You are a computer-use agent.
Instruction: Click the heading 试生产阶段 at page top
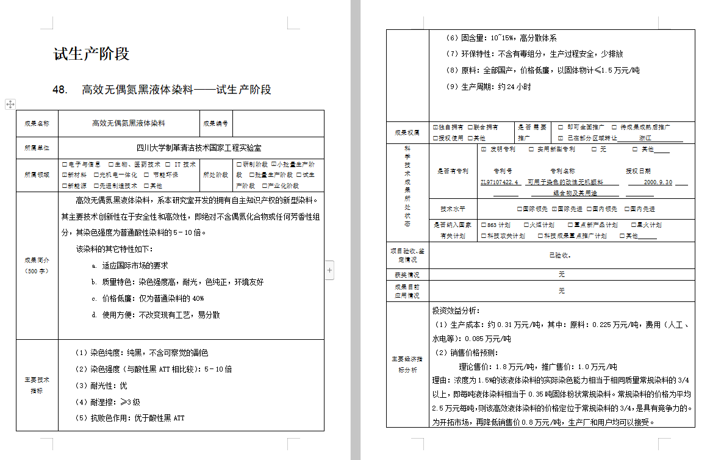pyautogui.click(x=91, y=54)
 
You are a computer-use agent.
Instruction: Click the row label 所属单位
pyautogui.click(x=37, y=148)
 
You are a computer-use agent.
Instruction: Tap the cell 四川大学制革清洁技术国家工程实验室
pyautogui.click(x=190, y=148)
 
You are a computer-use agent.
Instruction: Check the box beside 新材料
pyautogui.click(x=63, y=175)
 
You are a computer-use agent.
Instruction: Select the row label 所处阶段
pyautogui.click(x=216, y=174)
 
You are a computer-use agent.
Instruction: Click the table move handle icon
pyautogui.click(x=10, y=104)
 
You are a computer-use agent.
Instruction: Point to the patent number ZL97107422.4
pyautogui.click(x=500, y=182)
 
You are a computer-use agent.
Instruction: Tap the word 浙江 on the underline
pyautogui.click(x=645, y=138)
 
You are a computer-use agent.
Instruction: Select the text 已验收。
pyautogui.click(x=561, y=256)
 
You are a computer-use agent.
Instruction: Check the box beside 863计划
pyautogui.click(x=484, y=225)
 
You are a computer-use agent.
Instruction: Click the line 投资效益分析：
pyautogui.click(x=456, y=311)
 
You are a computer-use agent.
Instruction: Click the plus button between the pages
pyautogui.click(x=329, y=269)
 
